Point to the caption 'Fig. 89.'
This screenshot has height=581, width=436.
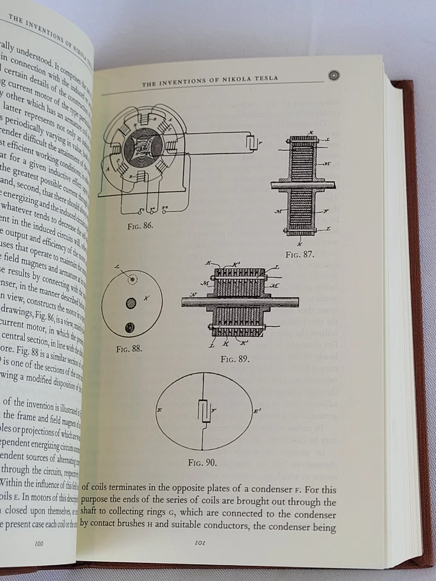(235, 358)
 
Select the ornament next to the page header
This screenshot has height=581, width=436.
(334, 75)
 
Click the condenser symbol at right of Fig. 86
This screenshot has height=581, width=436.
(252, 142)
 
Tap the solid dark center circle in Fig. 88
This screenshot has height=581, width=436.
(131, 303)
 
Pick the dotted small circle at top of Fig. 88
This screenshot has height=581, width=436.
(134, 279)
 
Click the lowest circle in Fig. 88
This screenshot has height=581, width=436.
(130, 327)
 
